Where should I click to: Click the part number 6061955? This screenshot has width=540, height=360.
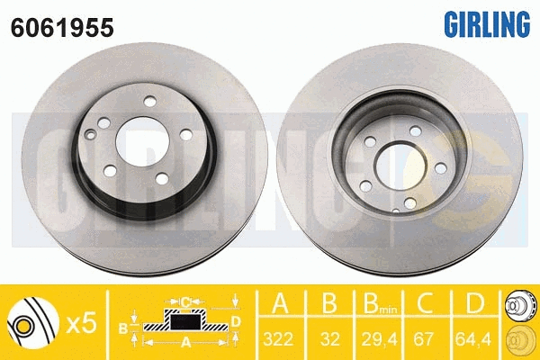pos(62,27)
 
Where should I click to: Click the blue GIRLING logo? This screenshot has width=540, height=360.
pos(487,23)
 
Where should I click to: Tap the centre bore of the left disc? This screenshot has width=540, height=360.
pos(142,141)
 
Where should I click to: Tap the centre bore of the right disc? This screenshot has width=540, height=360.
pos(399,166)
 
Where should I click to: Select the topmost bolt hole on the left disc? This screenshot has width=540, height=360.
pos(149,102)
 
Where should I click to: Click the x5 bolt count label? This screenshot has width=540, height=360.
pos(81,323)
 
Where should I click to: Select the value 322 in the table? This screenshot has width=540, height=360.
pos(278,339)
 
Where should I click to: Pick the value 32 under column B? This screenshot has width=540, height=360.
pos(329,339)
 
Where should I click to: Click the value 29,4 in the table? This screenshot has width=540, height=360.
pos(379,339)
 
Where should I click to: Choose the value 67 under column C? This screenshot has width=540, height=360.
pos(423,339)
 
